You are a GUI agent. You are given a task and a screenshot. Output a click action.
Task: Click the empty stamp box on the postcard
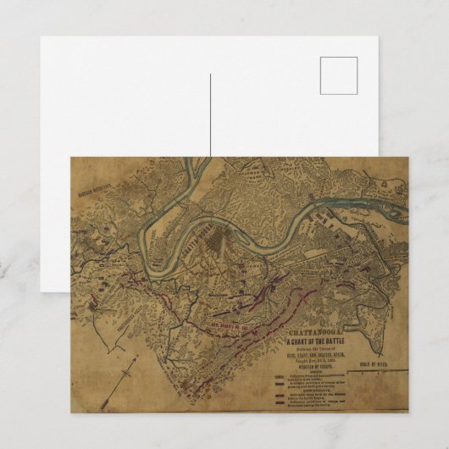pyautogui.click(x=339, y=75)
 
